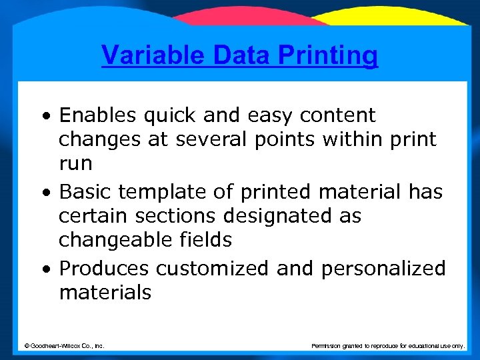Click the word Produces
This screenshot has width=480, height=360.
104,268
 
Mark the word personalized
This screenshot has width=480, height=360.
383,269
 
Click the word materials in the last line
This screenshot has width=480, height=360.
105,293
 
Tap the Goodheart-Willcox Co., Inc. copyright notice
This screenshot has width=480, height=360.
64,345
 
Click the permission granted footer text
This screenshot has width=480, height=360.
388,345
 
